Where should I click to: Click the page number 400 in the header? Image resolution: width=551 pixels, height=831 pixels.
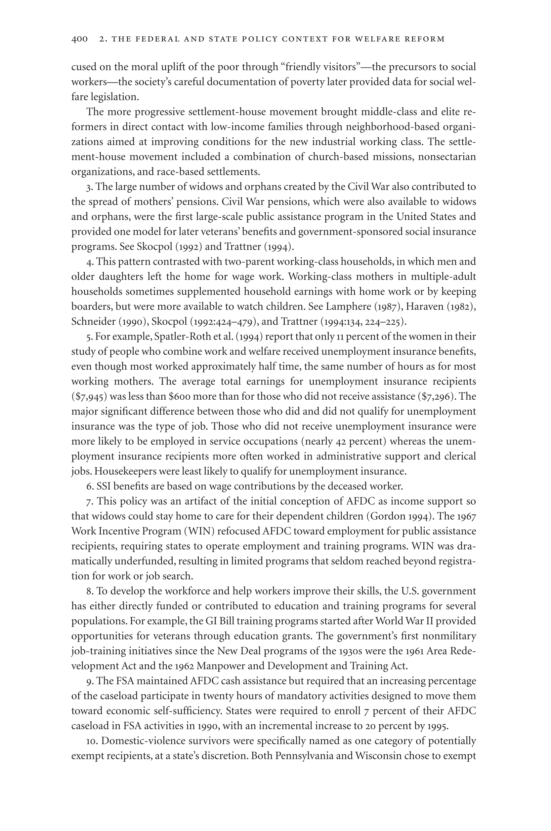click(x=79, y=39)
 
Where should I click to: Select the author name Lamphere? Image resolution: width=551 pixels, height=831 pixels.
click(x=348, y=307)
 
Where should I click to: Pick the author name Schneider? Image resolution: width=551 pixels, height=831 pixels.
click(x=93, y=321)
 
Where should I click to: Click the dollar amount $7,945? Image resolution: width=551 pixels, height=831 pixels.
click(x=89, y=397)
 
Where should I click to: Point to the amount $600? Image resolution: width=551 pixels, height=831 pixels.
click(x=180, y=397)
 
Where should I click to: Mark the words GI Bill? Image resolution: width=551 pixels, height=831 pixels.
click(x=220, y=621)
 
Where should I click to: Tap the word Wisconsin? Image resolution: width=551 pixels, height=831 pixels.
click(x=378, y=756)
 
